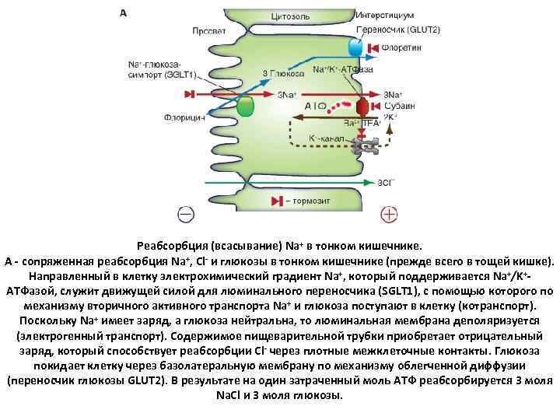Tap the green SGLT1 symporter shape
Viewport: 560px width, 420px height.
pyautogui.click(x=246, y=107)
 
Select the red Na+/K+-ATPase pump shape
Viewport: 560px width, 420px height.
pyautogui.click(x=362, y=107)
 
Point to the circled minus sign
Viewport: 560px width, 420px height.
pyautogui.click(x=186, y=212)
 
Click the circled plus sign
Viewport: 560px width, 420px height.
pyautogui.click(x=388, y=212)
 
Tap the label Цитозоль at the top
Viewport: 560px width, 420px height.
pyautogui.click(x=290, y=16)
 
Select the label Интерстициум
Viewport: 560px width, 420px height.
pyautogui.click(x=384, y=15)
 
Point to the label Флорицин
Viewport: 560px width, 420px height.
pyautogui.click(x=184, y=118)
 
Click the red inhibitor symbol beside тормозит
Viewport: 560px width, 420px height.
pyautogui.click(x=277, y=201)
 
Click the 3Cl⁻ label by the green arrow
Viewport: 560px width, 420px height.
pyautogui.click(x=386, y=183)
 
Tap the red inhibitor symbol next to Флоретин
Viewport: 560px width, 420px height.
pyautogui.click(x=373, y=48)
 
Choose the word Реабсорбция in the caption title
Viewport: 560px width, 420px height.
pyautogui.click(x=177, y=243)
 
